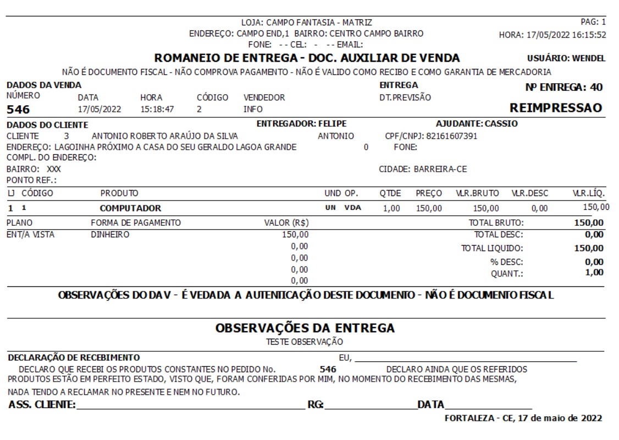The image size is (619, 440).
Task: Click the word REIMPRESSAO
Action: [x=556, y=107]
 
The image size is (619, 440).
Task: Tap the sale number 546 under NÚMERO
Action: [x=18, y=110]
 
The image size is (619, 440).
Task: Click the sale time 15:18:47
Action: [x=157, y=109]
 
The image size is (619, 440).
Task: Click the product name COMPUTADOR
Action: [x=130, y=208]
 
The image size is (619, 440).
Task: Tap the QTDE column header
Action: [x=390, y=193]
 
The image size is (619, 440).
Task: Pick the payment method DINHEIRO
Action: [x=110, y=235]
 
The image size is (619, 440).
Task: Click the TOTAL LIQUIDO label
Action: [x=492, y=248]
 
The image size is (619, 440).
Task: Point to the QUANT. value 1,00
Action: [x=594, y=272]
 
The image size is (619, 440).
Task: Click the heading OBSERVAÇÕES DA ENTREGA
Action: [x=305, y=328]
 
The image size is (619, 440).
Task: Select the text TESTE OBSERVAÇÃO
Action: [x=304, y=342]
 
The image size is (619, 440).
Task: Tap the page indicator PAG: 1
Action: [x=593, y=23]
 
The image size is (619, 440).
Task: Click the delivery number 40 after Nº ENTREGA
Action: [x=596, y=86]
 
